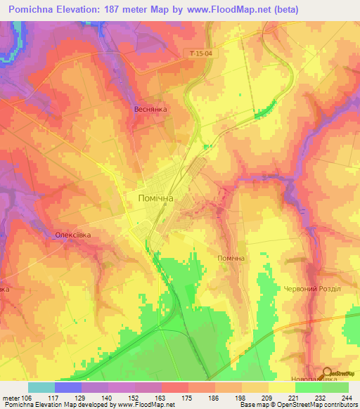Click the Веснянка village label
coord(150,110)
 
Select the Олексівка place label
coord(72,235)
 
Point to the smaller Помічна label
coord(231,259)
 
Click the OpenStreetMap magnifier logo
coord(326,373)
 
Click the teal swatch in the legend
coord(41,387)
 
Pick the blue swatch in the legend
coord(67,387)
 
